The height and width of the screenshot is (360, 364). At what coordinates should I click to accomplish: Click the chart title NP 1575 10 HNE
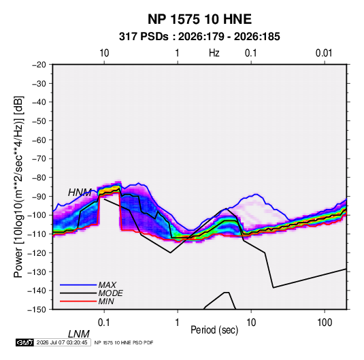[x=199, y=19]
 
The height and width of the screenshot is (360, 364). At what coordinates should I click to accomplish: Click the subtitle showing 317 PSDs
[x=199, y=37]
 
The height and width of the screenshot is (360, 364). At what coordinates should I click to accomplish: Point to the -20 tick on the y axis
[x=39, y=65]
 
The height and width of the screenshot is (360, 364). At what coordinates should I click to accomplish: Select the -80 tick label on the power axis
[x=39, y=178]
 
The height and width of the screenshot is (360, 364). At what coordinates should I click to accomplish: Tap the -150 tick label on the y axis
[x=37, y=310]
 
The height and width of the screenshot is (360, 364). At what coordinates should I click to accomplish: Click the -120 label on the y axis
[x=37, y=252]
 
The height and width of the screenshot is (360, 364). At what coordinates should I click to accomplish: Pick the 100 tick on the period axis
[x=325, y=323]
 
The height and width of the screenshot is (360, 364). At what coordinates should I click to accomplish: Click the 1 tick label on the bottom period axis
[x=178, y=323]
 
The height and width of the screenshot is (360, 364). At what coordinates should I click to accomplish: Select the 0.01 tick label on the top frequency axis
[x=324, y=53]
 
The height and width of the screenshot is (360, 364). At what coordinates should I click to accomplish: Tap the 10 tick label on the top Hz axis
[x=104, y=53]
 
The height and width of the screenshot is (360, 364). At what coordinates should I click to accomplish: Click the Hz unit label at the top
[x=214, y=53]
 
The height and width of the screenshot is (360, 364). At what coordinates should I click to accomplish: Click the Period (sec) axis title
[x=214, y=330]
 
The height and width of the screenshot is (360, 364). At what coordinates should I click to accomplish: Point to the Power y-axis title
[x=18, y=186]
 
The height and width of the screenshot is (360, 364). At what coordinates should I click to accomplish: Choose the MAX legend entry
[x=107, y=284]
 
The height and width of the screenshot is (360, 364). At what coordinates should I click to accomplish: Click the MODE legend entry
[x=110, y=293]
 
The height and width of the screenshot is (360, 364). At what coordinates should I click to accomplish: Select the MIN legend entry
[x=106, y=301]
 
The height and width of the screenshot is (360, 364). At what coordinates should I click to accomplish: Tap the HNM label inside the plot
[x=80, y=193]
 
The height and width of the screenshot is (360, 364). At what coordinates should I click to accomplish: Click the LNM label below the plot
[x=79, y=334]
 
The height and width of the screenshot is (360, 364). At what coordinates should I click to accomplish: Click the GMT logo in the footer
[x=25, y=342]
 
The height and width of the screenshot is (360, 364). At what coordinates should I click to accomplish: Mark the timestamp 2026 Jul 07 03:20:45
[x=62, y=342]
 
